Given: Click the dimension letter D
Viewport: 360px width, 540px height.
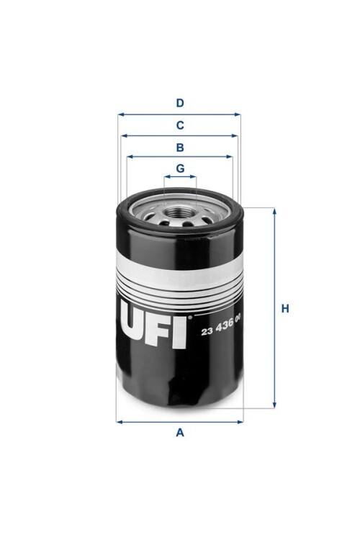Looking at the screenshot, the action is pyautogui.click(x=180, y=103).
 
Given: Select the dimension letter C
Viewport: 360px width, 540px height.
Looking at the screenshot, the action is pyautogui.click(x=180, y=125).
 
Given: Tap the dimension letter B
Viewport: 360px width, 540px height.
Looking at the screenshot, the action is pyautogui.click(x=180, y=148).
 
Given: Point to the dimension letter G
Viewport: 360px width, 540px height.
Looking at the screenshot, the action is pyautogui.click(x=180, y=168).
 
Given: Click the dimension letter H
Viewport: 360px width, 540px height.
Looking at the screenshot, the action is pyautogui.click(x=285, y=309).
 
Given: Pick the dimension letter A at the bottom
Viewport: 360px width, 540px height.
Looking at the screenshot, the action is pyautogui.click(x=180, y=432).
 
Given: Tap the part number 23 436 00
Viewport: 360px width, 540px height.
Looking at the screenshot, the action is pyautogui.click(x=221, y=330).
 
